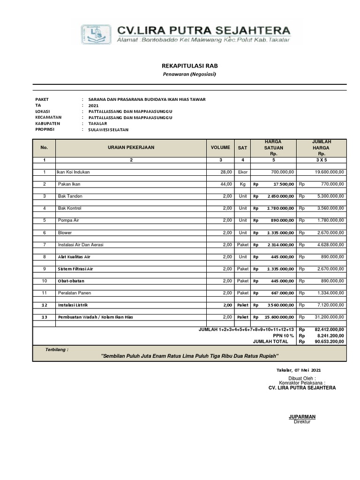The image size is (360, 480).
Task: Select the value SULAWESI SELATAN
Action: [x=108, y=129]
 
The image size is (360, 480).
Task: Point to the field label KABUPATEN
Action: [x=48, y=123]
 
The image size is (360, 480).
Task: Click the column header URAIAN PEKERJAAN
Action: [x=131, y=147]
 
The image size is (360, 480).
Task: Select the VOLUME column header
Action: [x=220, y=147]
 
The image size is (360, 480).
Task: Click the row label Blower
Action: [x=65, y=232]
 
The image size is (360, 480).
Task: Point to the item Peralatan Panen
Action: [x=74, y=293]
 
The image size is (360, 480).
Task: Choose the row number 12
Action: [x=45, y=305]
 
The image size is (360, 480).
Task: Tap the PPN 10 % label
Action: [x=283, y=336]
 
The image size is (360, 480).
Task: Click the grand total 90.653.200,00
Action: [x=328, y=342]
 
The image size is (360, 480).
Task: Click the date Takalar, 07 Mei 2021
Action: [x=298, y=370]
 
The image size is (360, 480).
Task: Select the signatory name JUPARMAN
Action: [x=302, y=416]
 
